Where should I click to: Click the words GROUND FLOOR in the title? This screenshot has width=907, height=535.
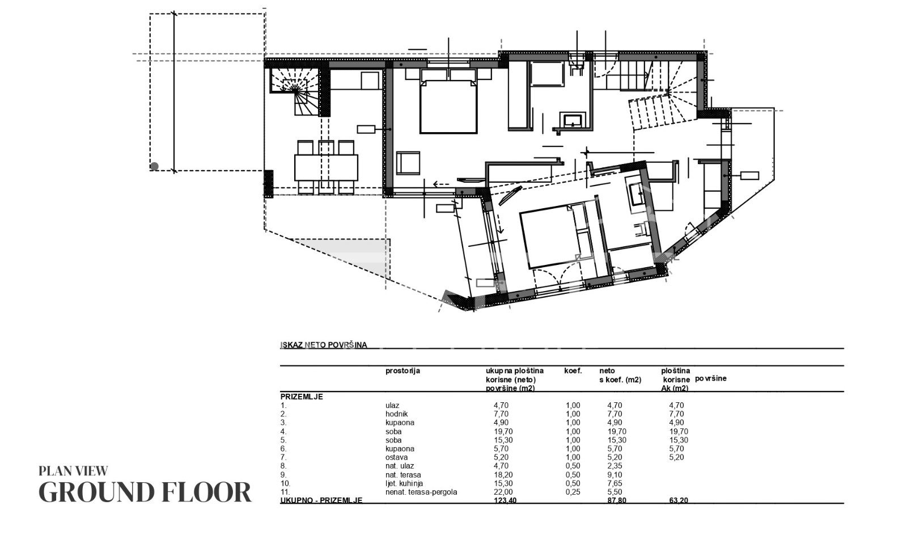[145, 492]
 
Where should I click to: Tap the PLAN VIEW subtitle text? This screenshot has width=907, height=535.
[73, 471]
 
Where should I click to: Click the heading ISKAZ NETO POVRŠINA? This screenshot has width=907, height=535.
[324, 345]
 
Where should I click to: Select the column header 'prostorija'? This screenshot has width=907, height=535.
[402, 371]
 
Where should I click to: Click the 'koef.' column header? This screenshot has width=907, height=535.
[573, 370]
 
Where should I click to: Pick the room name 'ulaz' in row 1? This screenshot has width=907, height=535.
[392, 405]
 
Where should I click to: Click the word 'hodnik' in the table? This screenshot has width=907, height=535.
[396, 414]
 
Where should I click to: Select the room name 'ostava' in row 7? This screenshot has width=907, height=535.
[396, 457]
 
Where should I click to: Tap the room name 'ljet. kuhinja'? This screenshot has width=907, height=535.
[404, 483]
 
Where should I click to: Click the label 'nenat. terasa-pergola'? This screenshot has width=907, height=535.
[421, 492]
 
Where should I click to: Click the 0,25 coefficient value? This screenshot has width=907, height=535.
[573, 492]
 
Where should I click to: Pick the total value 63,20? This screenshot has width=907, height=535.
[679, 500]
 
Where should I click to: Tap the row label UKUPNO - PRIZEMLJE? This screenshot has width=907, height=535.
[321, 500]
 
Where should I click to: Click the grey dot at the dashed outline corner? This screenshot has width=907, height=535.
[154, 166]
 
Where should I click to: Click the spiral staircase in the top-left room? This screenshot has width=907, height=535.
[298, 92]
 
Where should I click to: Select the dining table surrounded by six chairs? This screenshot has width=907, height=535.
[326, 167]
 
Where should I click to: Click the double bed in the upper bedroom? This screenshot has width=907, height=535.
[448, 106]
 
